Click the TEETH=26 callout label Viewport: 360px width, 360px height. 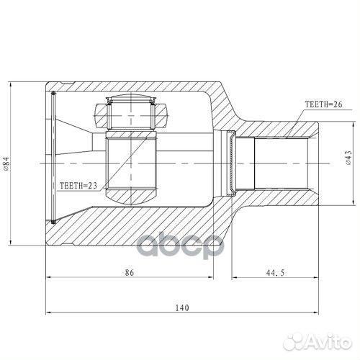point(323,104)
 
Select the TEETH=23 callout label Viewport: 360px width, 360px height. point(78,185)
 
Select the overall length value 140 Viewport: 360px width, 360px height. point(181,307)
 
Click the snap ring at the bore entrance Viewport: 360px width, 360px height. point(230,162)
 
